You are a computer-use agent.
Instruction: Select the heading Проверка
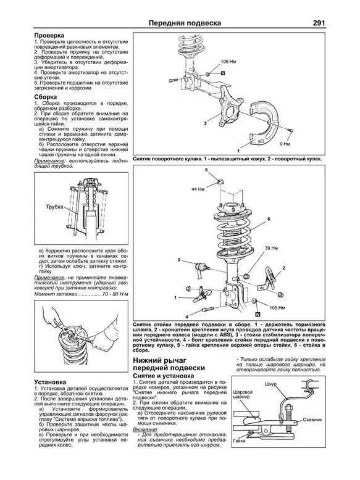coord(49,36)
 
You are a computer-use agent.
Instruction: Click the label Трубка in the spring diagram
coord(54,207)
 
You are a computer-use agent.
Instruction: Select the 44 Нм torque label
coord(198,188)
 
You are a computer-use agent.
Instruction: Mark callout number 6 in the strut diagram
coord(269,219)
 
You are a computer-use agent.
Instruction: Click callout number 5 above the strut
coord(206,170)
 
